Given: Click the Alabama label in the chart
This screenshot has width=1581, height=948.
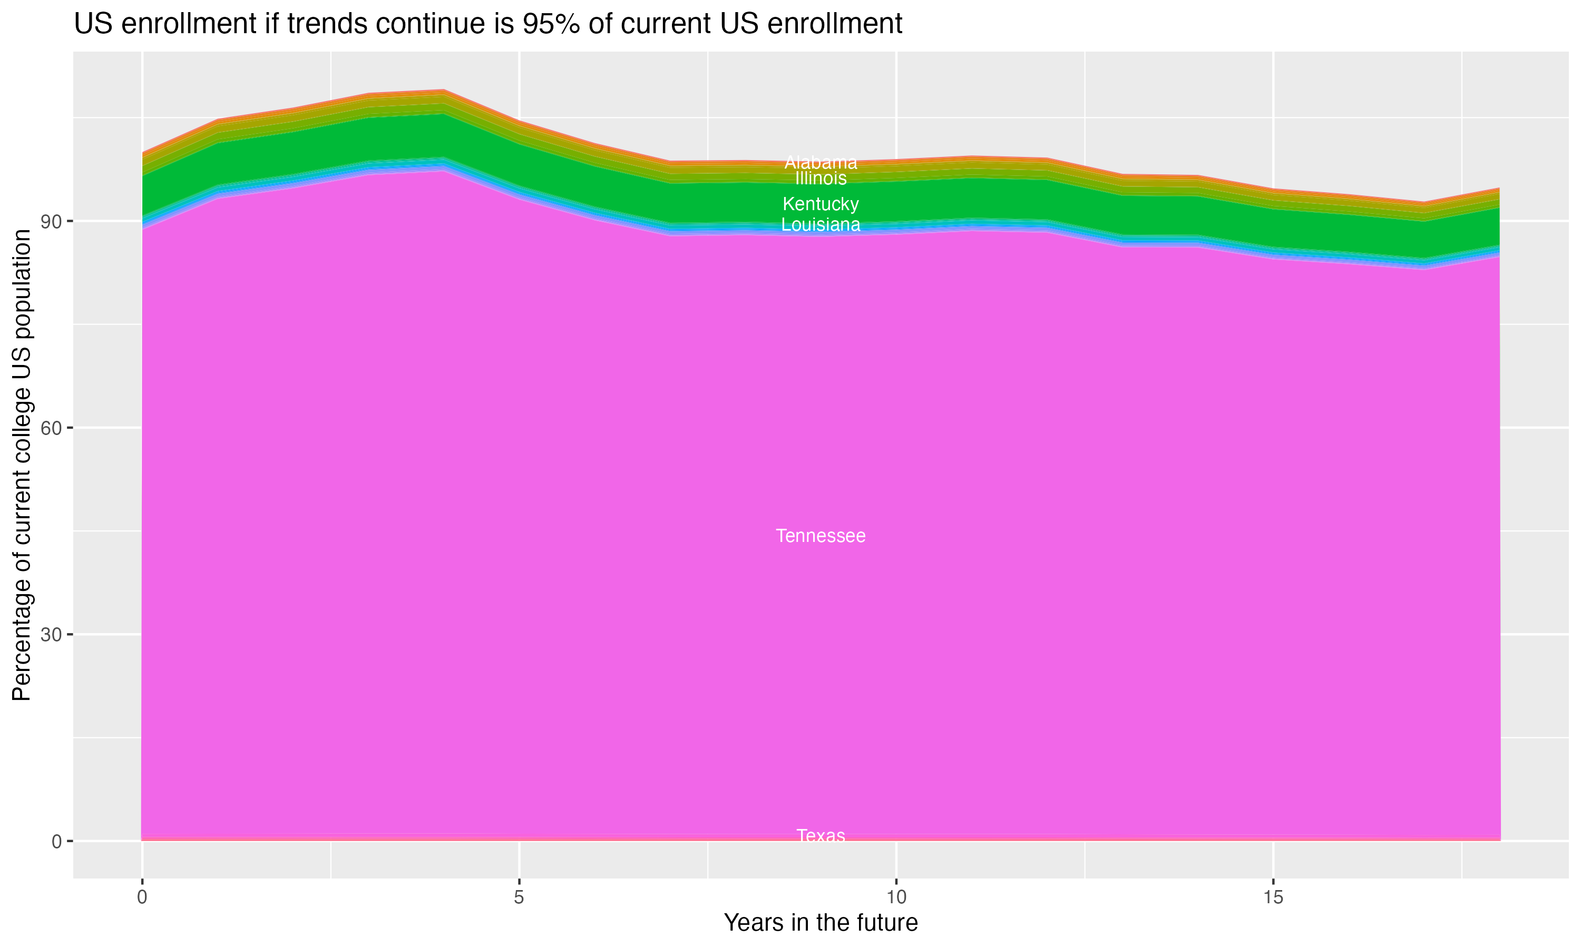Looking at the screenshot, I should pos(821,162).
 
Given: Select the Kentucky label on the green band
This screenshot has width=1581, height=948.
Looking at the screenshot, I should pos(821,204).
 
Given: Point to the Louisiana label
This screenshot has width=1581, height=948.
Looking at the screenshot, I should pos(821,225).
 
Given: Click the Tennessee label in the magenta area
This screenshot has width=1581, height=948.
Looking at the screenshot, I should pos(821,536).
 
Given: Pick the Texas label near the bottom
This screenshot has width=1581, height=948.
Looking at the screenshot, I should pos(821,836).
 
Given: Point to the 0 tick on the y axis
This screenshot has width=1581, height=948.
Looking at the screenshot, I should pos(57,841).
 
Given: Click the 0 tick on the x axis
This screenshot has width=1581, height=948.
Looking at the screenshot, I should pos(142,897).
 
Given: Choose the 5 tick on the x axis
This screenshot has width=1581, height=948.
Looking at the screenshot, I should pos(519,897).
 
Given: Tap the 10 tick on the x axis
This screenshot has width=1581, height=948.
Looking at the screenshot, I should pos(896,897).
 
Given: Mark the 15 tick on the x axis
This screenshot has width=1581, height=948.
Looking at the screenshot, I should pos(1273,897).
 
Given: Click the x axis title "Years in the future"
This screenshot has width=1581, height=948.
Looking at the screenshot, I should pos(821,923).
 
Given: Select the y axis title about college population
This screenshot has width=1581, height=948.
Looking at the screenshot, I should pos(22,465).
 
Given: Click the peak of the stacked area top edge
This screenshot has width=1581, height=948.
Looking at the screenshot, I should pos(444,91).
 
